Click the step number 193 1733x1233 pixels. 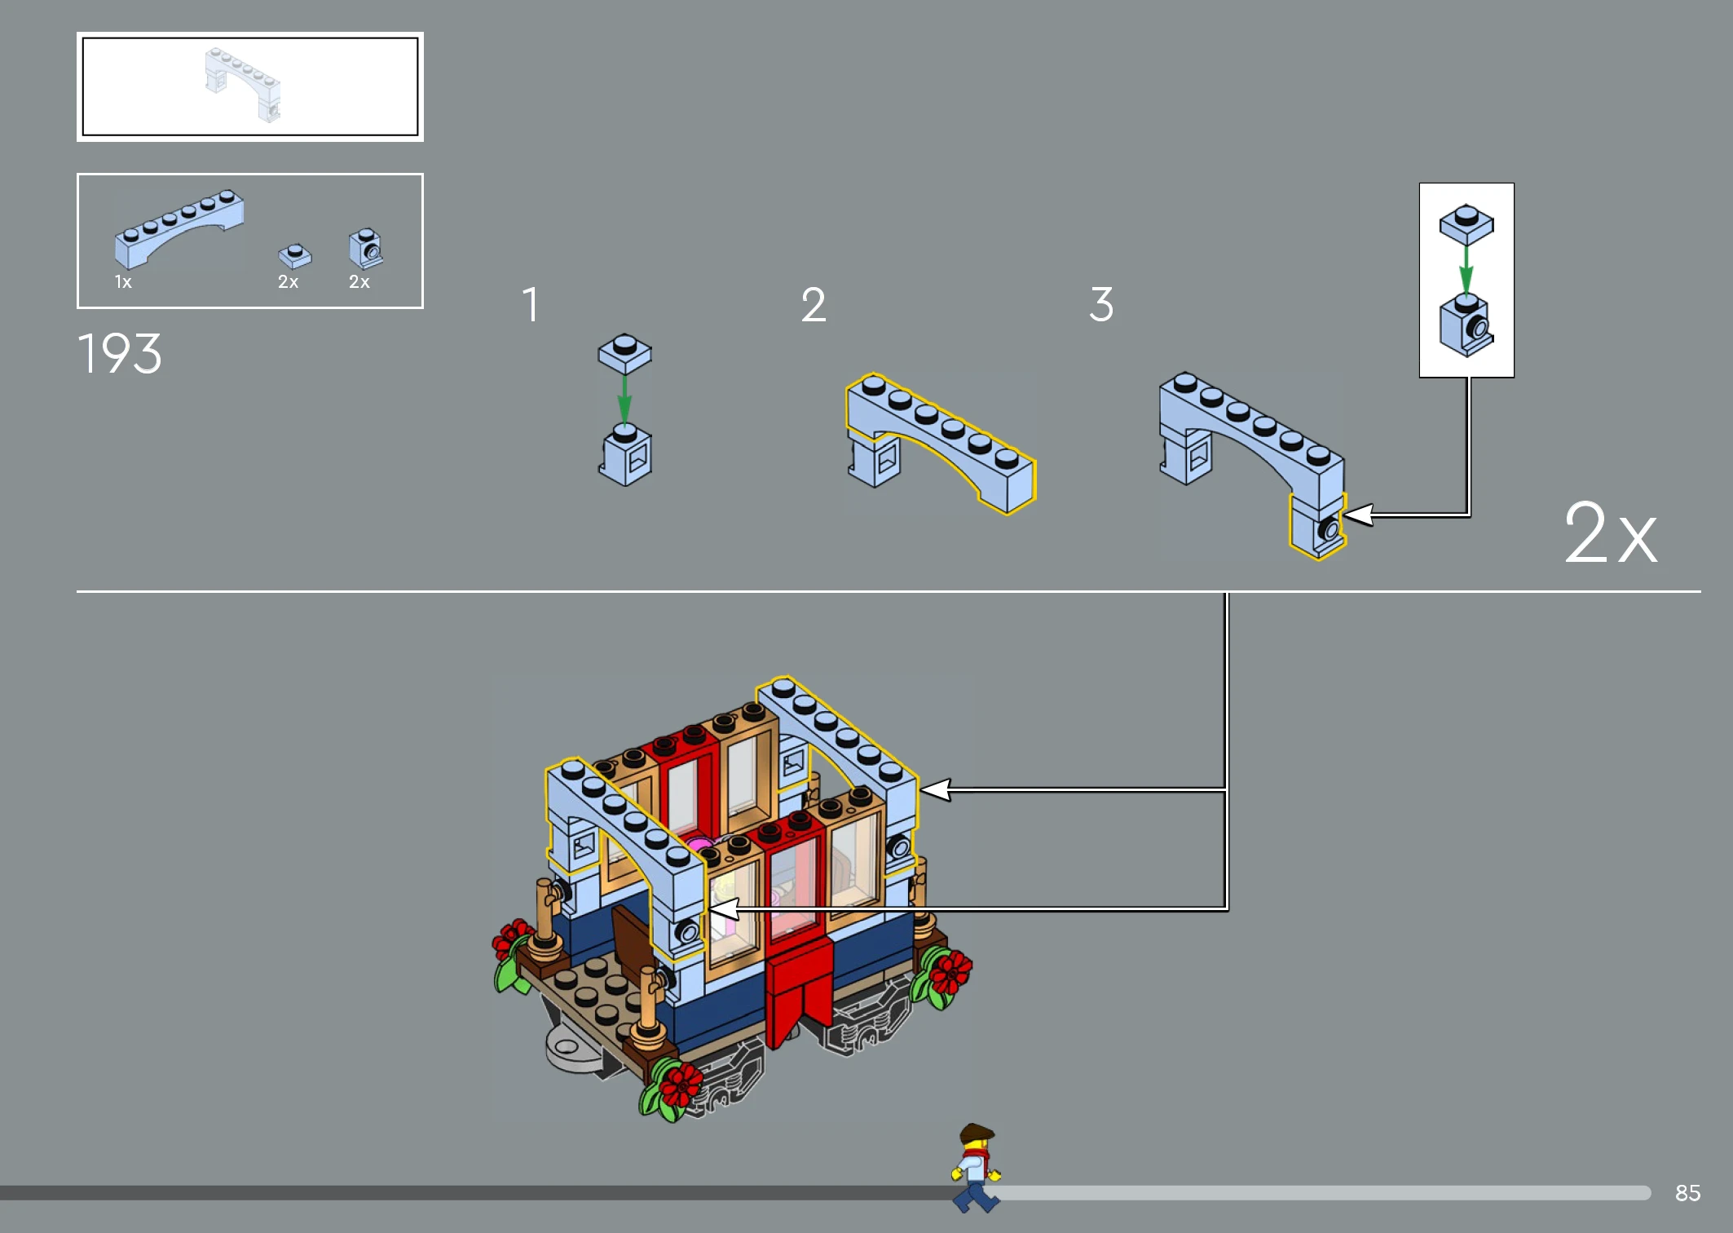click(120, 354)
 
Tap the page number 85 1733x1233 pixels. click(1687, 1193)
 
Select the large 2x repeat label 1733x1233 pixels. click(1610, 533)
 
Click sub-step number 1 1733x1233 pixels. click(531, 304)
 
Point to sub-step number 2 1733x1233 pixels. click(814, 305)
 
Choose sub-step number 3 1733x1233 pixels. click(1101, 304)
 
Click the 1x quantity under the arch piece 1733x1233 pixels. click(123, 282)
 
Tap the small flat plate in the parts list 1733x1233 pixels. click(294, 256)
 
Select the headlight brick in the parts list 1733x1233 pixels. click(366, 248)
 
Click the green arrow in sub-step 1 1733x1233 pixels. click(624, 399)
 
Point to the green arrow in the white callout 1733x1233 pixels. click(1466, 270)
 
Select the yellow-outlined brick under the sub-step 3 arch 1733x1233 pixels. click(1317, 525)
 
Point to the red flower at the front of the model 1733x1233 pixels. click(679, 1084)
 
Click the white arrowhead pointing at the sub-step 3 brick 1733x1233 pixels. click(1358, 515)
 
